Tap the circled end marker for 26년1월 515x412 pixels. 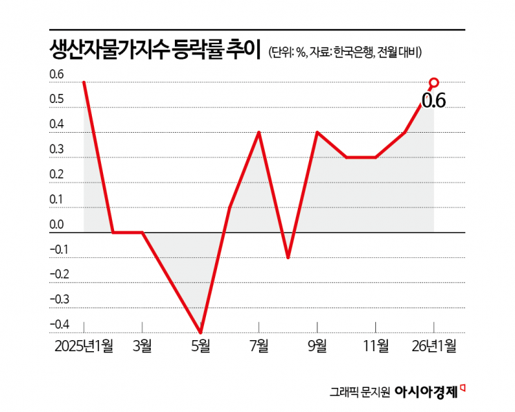[434, 83]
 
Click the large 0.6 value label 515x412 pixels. [433, 101]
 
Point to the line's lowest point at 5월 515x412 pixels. [200, 333]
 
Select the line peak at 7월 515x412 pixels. [259, 132]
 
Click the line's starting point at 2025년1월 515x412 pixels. [84, 82]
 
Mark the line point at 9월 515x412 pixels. [317, 132]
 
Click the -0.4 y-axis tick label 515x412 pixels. [59, 324]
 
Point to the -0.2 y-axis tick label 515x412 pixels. [59, 274]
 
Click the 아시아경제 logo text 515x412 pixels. [426, 391]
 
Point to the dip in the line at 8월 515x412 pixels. [288, 257]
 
